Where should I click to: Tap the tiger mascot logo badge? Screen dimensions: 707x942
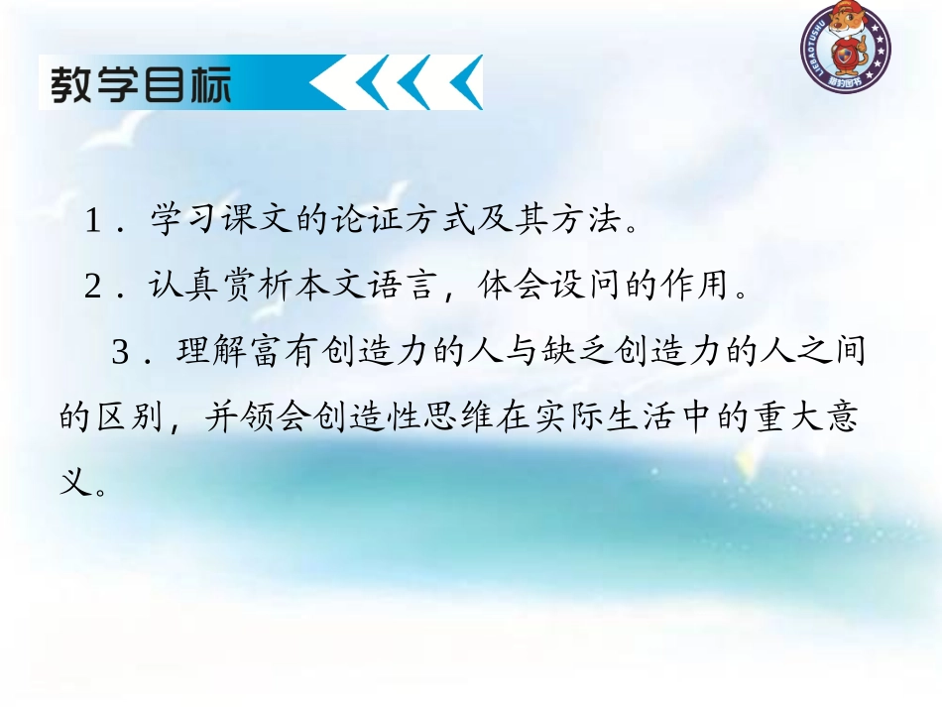(x=846, y=47)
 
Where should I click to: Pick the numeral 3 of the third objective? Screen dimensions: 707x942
(x=121, y=354)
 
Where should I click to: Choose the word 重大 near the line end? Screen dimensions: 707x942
(x=806, y=419)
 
